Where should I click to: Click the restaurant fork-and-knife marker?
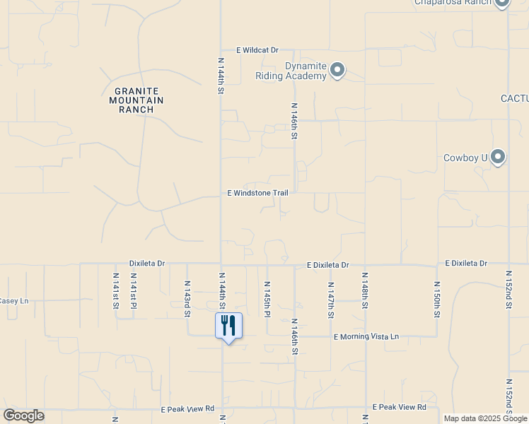point(228,326)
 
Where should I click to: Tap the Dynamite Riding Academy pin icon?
point(337,70)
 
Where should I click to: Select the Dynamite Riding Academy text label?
point(305,71)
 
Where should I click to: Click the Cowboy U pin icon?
point(498,157)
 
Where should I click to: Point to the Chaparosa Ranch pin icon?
point(502,2)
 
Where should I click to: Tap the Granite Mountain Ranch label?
point(136,100)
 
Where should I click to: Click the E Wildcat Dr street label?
point(257,50)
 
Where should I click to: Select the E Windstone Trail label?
point(258,193)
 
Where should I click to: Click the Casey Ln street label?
point(13,301)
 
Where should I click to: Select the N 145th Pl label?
point(267,298)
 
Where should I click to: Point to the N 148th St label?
point(365,290)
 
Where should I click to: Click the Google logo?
point(24,416)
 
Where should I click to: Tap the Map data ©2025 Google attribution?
point(485,418)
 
